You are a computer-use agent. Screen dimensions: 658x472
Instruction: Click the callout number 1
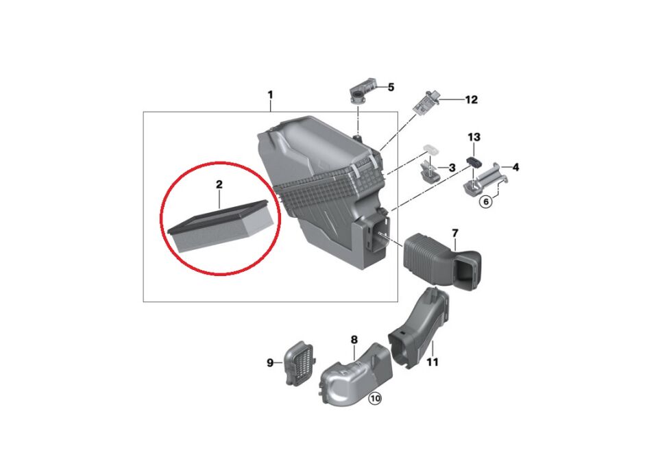(x=270, y=95)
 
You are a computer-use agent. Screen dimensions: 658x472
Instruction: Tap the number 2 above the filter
(x=219, y=184)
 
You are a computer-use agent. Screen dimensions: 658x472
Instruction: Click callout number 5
(x=391, y=87)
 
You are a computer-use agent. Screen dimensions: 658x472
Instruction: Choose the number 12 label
(x=472, y=99)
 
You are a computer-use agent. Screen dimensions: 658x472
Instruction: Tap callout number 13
(x=474, y=137)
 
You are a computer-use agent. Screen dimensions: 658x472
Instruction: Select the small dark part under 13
(x=474, y=161)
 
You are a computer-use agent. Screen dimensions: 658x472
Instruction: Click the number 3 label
(x=452, y=168)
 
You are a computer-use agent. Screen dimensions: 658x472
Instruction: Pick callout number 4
(x=515, y=167)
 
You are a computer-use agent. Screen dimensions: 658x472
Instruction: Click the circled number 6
(x=486, y=202)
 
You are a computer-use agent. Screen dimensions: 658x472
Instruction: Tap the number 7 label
(x=455, y=233)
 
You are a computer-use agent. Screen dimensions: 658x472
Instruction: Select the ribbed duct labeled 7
(x=443, y=262)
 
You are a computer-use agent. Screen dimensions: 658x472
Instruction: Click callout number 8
(x=354, y=339)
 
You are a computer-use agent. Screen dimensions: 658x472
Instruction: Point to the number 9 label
(x=270, y=362)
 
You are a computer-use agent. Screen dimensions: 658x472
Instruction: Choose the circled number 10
(x=374, y=399)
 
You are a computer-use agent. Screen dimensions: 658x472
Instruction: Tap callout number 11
(x=432, y=362)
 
